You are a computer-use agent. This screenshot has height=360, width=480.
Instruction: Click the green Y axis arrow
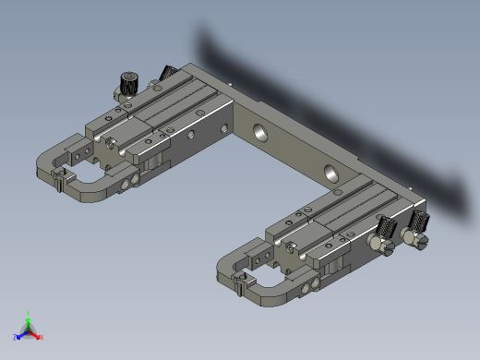click(30, 320)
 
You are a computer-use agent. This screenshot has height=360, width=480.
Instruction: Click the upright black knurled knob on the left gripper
click(127, 84)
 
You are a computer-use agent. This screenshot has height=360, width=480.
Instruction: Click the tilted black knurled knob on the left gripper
click(169, 73)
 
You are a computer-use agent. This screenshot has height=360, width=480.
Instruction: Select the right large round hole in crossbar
click(330, 172)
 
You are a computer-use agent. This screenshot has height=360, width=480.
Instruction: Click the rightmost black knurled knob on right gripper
click(422, 222)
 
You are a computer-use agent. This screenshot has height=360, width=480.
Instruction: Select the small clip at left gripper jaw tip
click(58, 182)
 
